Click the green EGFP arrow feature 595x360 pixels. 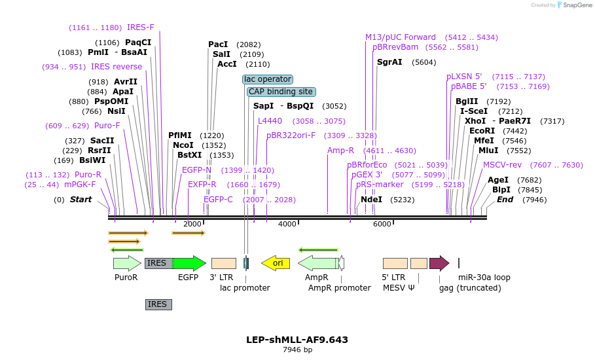pyautogui.click(x=189, y=263)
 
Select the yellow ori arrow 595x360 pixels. pyautogui.click(x=276, y=263)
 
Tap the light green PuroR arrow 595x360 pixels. pyautogui.click(x=127, y=263)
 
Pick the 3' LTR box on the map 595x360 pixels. pyautogui.click(x=224, y=263)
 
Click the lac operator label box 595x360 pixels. pyautogui.click(x=267, y=79)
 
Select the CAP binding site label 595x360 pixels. pyautogui.click(x=281, y=92)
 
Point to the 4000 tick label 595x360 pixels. pyautogui.click(x=287, y=225)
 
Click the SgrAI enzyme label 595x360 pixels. pyautogui.click(x=389, y=62)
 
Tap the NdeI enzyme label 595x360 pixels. pyautogui.click(x=371, y=199)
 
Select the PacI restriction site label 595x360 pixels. pyautogui.click(x=218, y=44)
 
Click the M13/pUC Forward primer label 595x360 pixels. pyautogui.click(x=401, y=37)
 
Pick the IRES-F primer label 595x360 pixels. pyautogui.click(x=141, y=27)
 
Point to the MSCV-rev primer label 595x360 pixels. pyautogui.click(x=503, y=165)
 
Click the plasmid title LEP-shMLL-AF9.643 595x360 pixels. pyautogui.click(x=297, y=340)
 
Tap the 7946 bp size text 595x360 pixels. pyautogui.click(x=297, y=350)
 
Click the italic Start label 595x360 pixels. pyautogui.click(x=81, y=199)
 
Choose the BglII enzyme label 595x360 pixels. pyautogui.click(x=467, y=101)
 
